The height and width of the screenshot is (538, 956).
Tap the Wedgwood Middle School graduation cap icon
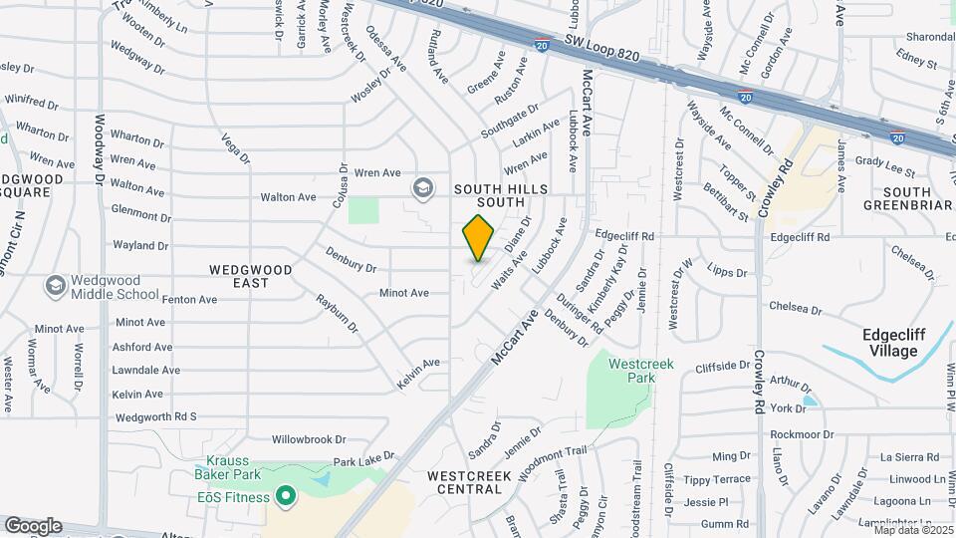click(55, 287)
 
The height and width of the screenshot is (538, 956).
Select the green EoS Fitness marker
click(285, 495)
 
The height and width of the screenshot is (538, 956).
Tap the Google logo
click(33, 525)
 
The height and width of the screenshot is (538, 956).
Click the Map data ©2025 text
click(913, 529)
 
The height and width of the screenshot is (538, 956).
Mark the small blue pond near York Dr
click(810, 401)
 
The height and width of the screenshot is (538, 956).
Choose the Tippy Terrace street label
click(717, 479)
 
